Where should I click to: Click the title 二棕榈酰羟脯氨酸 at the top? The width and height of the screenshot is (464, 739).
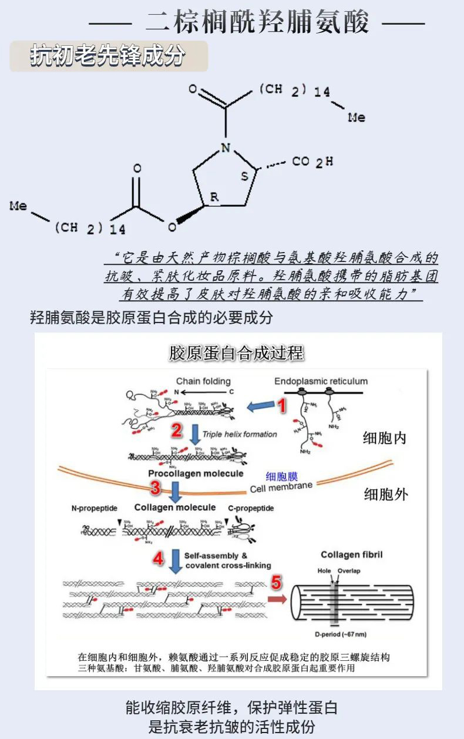tap(257, 24)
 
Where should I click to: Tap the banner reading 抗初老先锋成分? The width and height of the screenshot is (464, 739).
tap(108, 57)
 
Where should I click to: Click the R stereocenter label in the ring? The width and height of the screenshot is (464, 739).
tap(214, 197)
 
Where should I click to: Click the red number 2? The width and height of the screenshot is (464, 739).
tap(176, 431)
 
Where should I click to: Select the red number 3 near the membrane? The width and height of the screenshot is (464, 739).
tap(155, 487)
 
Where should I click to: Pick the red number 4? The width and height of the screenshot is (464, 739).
tap(158, 559)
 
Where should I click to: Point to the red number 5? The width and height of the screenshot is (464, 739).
tap(276, 583)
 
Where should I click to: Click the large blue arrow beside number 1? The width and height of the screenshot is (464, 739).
tap(260, 406)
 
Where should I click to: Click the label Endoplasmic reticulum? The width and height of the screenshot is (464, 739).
tap(321, 381)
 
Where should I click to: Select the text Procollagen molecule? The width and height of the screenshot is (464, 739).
tap(196, 473)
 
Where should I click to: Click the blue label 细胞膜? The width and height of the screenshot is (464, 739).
tap(280, 476)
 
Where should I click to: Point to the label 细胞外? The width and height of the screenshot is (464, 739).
tap(385, 494)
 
